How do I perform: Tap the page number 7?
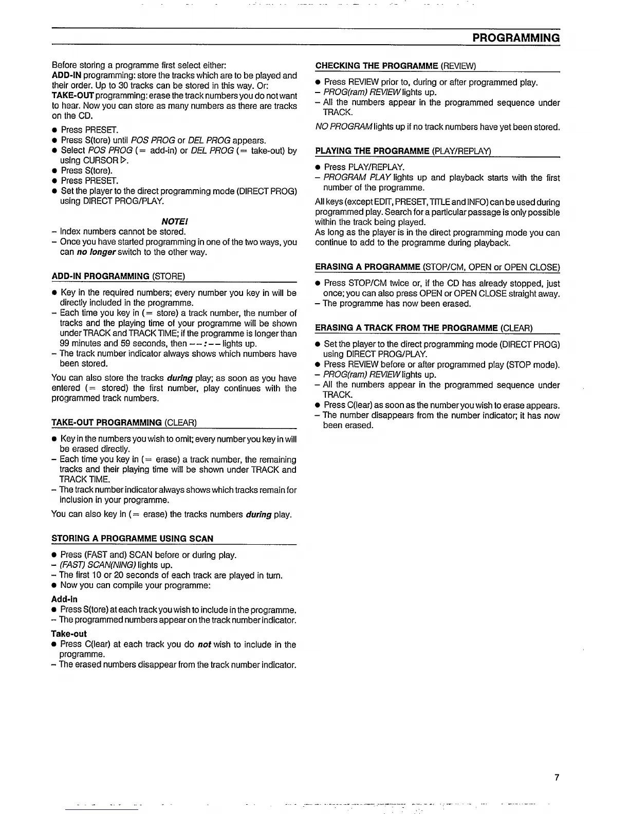[557, 777]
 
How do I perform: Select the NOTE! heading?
[174, 221]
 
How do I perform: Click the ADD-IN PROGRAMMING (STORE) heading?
[118, 276]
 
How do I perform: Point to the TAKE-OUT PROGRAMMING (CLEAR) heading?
[124, 423]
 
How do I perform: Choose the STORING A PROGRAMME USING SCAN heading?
[132, 539]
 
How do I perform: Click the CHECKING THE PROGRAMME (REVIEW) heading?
[396, 66]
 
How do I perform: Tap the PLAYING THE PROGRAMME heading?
[403, 151]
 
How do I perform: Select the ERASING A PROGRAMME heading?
[437, 267]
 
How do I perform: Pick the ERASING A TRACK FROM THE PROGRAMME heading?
[423, 328]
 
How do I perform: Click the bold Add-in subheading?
[64, 599]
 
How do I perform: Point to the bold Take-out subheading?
[69, 634]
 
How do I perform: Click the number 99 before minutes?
[65, 343]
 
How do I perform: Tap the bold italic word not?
[204, 644]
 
